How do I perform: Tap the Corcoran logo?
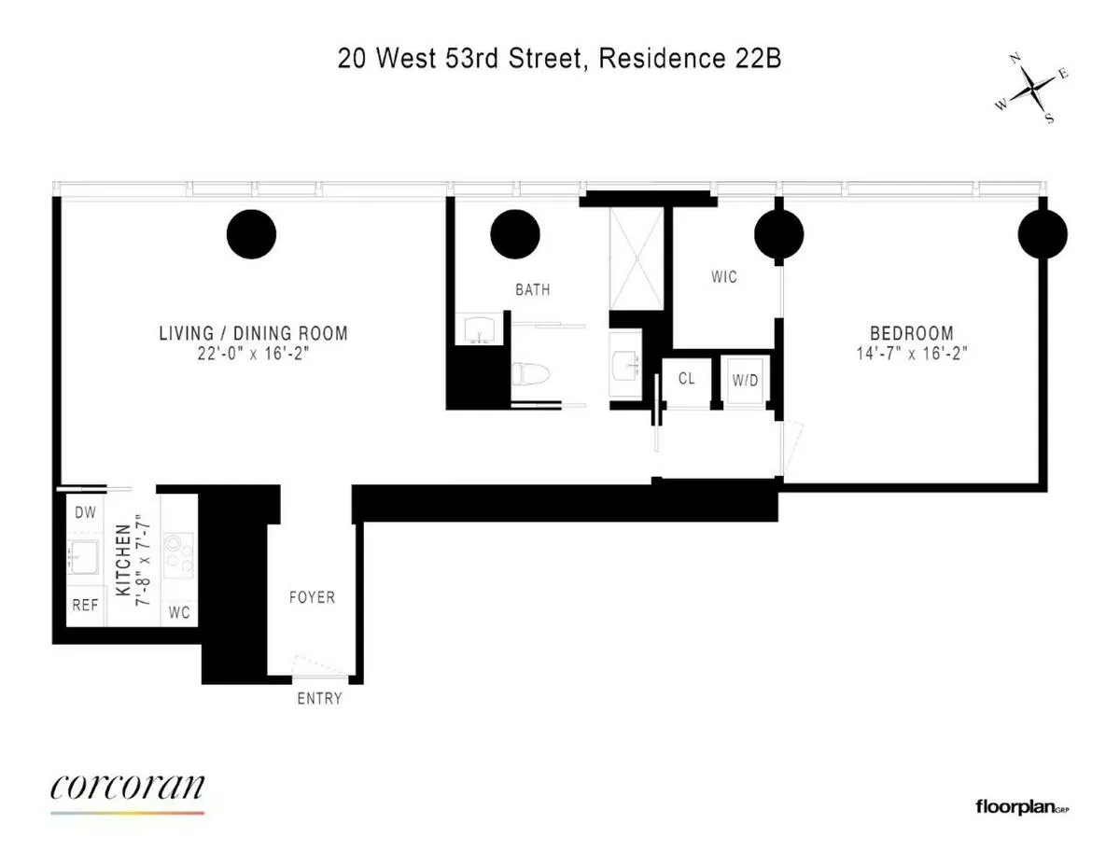(127, 788)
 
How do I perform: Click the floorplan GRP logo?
(1021, 806)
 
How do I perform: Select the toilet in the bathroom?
(528, 373)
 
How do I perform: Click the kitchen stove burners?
(178, 554)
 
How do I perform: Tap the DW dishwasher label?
(85, 512)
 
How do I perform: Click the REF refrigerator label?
(85, 605)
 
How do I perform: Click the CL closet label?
(687, 379)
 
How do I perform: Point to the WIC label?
(723, 276)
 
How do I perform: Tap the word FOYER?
(312, 597)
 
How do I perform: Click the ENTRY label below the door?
(319, 698)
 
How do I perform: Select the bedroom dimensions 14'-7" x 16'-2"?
(912, 354)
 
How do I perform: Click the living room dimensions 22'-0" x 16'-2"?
(253, 354)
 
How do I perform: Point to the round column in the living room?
(251, 234)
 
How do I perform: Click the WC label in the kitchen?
(179, 613)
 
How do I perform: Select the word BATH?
(533, 289)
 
